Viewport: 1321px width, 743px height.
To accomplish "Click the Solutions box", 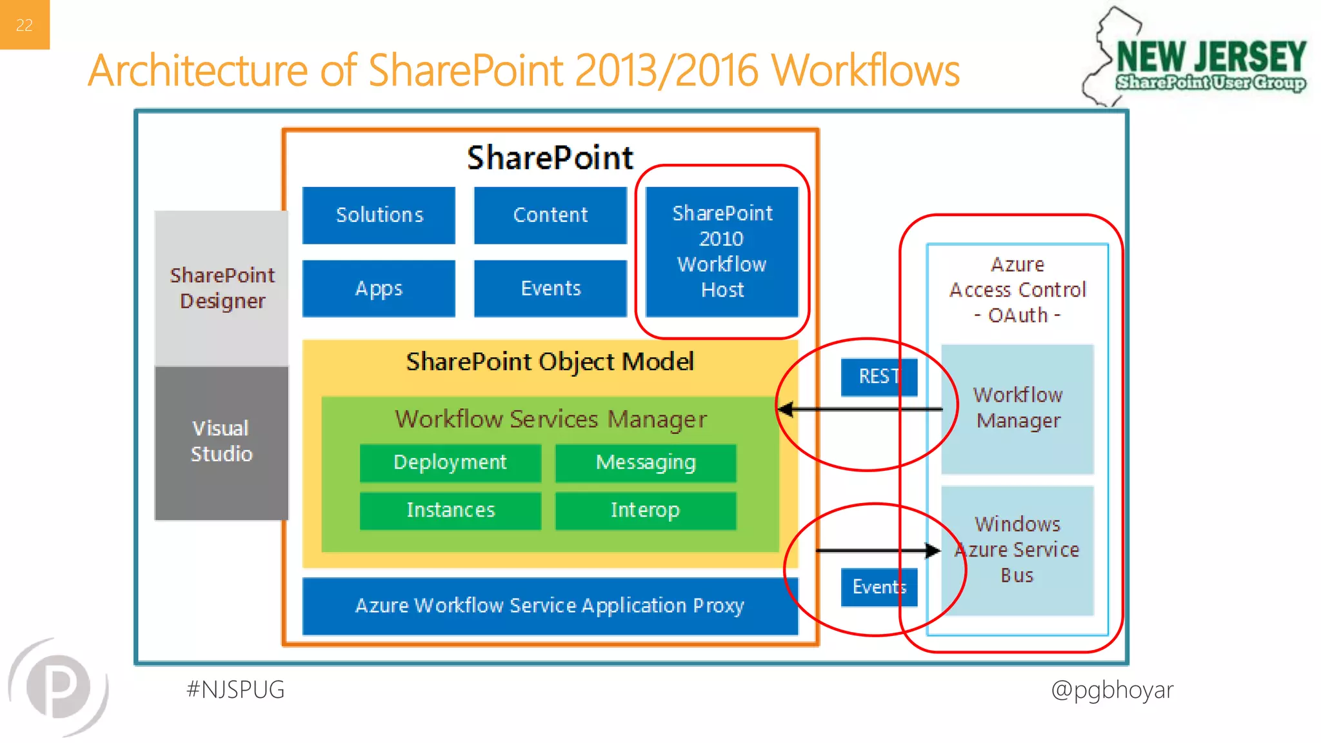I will [379, 215].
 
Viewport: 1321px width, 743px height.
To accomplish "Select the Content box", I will [550, 215].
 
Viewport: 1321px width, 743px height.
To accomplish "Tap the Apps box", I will [379, 288].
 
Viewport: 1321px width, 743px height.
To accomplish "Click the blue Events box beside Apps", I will [550, 288].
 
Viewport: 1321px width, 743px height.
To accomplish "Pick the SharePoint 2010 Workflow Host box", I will [722, 252].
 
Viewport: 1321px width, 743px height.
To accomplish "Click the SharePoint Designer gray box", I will [222, 288].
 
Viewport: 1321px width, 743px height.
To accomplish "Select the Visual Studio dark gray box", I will [221, 442].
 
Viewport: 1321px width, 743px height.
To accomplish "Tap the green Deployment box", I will [450, 462].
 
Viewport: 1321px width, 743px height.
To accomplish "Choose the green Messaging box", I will [646, 462].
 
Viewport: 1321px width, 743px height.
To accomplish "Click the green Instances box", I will [450, 510].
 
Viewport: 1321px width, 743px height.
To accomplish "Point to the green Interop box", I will [646, 510].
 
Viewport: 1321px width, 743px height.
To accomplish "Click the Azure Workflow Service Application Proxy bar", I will [550, 606].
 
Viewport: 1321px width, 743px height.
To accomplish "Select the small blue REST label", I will [879, 377].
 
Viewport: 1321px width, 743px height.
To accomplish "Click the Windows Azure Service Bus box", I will [1017, 550].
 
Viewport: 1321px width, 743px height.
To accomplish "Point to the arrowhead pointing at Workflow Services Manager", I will [786, 409].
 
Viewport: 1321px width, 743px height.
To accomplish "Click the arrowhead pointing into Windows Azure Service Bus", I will [933, 550].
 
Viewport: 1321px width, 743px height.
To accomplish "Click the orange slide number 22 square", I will [25, 25].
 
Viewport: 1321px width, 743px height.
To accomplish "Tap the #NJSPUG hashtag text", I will [235, 689].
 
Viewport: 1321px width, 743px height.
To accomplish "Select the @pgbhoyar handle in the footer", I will [1112, 689].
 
